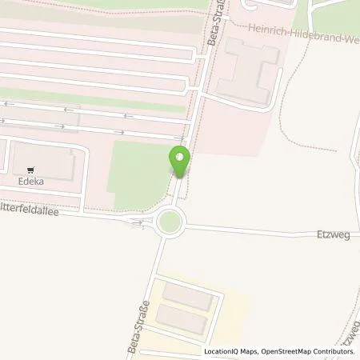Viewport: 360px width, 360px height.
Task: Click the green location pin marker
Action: pyautogui.click(x=180, y=161)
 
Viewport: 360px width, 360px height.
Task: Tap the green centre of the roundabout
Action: pyautogui.click(x=170, y=221)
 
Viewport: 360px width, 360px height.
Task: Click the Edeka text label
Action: pyautogui.click(x=31, y=182)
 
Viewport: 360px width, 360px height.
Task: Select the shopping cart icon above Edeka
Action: pyautogui.click(x=31, y=170)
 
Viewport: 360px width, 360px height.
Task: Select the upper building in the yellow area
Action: pyautogui.click(x=190, y=297)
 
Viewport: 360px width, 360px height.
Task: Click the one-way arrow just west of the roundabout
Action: pyautogui.click(x=138, y=222)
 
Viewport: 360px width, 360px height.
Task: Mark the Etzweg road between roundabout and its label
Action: pyautogui.click(x=248, y=230)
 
